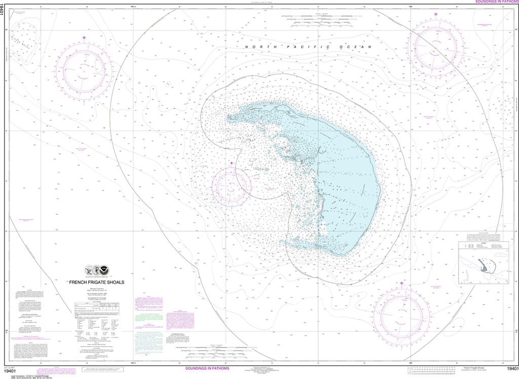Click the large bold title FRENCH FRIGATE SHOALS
pyautogui.click(x=96, y=282)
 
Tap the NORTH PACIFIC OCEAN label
pyautogui.click(x=308, y=47)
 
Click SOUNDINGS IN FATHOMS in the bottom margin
pyautogui.click(x=207, y=368)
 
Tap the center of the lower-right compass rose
pyautogui.click(x=402, y=314)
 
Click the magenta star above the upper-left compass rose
pyautogui.click(x=84, y=37)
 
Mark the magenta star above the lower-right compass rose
pyautogui.click(x=402, y=283)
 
